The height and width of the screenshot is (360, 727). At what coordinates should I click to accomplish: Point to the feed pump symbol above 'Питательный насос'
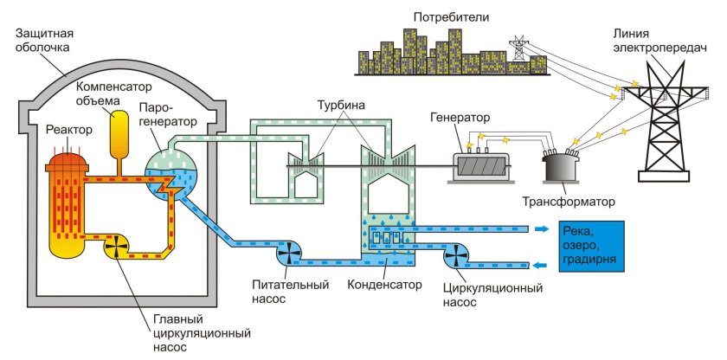289,254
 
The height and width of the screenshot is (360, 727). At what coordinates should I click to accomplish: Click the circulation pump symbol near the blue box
453,254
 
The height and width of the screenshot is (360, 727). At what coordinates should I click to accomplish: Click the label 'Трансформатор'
569,202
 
